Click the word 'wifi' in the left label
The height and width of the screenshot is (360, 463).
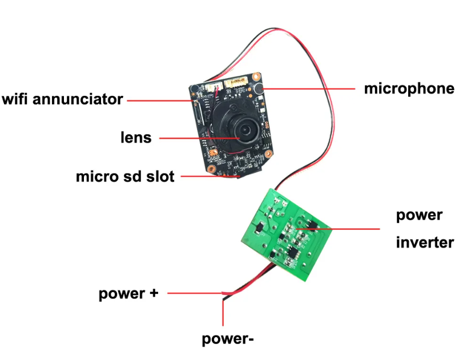click(x=17, y=99)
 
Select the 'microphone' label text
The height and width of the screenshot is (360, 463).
click(x=409, y=88)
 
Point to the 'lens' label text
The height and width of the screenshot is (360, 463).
click(x=136, y=137)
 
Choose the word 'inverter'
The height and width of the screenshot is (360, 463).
click(x=425, y=242)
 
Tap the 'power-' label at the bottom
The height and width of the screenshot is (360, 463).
click(x=227, y=339)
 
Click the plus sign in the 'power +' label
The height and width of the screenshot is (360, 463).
click(x=153, y=294)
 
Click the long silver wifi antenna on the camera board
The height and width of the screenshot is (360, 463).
click(x=198, y=117)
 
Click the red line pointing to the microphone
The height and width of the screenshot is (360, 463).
click(x=308, y=88)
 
